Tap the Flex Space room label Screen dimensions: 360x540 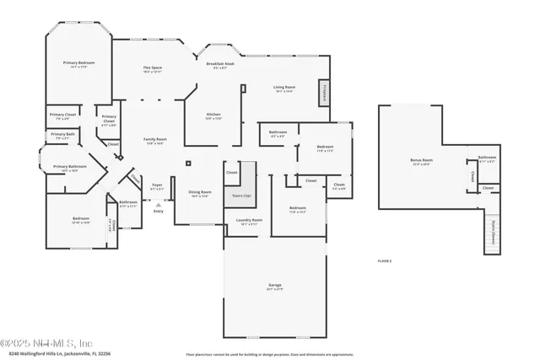[x=152, y=68]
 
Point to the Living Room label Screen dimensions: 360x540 [x=283, y=88]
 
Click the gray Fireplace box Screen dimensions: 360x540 [x=324, y=93]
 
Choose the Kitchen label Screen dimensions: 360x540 [x=213, y=117]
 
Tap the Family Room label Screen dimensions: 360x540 [x=154, y=141]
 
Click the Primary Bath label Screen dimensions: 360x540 [x=62, y=135]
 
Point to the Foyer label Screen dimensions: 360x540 [x=157, y=185]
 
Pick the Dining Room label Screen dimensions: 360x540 [x=200, y=193]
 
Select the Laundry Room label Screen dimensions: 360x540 [x=243, y=222]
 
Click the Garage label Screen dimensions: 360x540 [x=275, y=287]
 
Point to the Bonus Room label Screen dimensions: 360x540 [x=421, y=160]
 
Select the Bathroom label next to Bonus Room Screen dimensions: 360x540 [x=488, y=158]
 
